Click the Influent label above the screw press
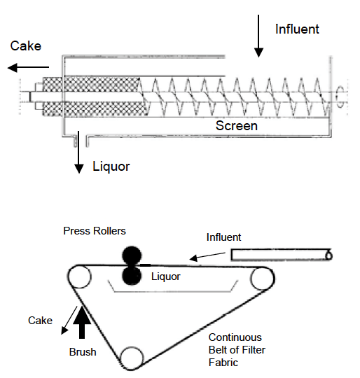point(297,29)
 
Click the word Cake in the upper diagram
point(26,46)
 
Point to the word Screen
point(236,126)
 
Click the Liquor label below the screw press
point(111,167)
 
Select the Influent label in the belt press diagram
point(223,237)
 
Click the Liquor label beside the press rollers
point(166,276)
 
